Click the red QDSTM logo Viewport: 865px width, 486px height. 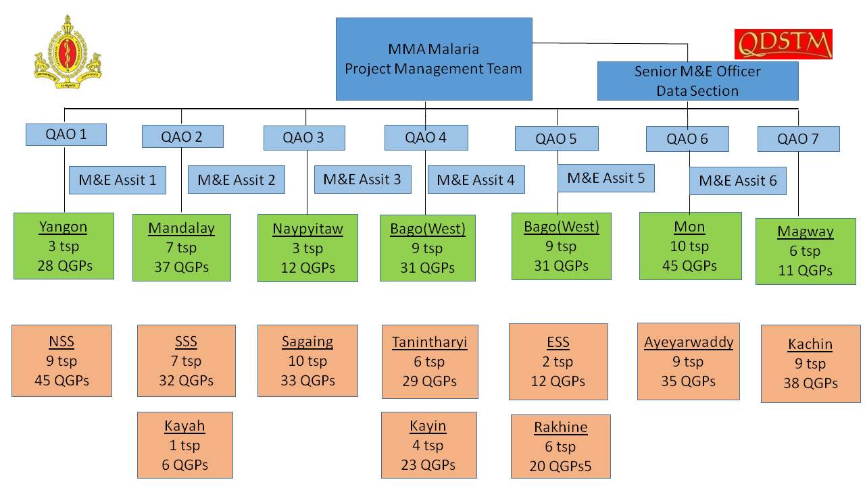(x=783, y=44)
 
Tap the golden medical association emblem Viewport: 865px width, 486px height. (x=68, y=52)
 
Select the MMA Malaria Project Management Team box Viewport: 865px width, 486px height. (x=434, y=59)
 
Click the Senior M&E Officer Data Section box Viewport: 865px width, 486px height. (x=698, y=81)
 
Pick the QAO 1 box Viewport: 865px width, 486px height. (x=66, y=134)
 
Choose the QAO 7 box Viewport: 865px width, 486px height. (x=799, y=139)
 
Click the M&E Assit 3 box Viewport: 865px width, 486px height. (x=363, y=180)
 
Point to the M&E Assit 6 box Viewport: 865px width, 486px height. (x=738, y=181)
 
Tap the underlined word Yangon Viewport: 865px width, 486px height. (x=63, y=227)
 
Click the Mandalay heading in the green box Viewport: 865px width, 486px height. (x=182, y=228)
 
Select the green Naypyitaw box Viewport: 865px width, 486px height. (x=307, y=248)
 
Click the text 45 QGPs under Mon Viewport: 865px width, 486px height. (x=690, y=266)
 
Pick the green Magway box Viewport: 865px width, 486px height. (x=806, y=252)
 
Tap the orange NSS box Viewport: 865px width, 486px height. (x=61, y=360)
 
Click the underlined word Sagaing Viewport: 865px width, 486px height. (x=307, y=342)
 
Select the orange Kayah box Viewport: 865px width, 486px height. (x=185, y=445)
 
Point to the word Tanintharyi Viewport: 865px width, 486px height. (x=429, y=342)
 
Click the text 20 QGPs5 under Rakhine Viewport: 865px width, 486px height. (x=560, y=466)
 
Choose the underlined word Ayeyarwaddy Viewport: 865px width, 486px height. (x=689, y=342)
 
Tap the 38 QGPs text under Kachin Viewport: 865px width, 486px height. (x=810, y=383)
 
